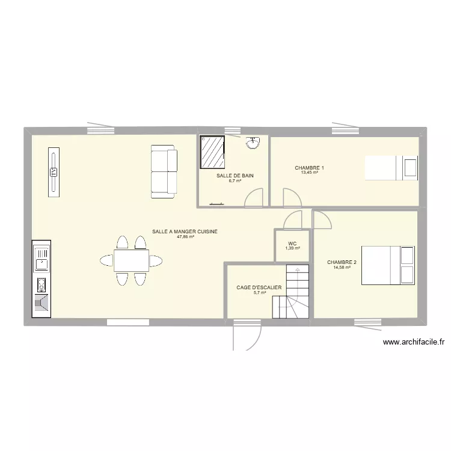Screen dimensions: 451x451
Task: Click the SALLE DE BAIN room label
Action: [x=235, y=176]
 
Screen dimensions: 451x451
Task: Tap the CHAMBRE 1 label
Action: [x=309, y=167]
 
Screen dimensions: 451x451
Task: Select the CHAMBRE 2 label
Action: [x=342, y=262]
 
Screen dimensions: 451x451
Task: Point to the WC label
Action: [x=292, y=244]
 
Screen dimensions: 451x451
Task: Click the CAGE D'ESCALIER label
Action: [x=259, y=287]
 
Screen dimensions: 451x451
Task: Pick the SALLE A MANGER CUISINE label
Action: [x=185, y=231]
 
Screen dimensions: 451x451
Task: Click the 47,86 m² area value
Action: [x=185, y=237]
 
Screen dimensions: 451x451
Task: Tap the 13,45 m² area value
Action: [x=309, y=173]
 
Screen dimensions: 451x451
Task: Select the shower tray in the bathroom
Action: [x=212, y=152]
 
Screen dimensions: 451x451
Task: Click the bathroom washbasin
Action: [x=253, y=143]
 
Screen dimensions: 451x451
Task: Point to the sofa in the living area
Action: [x=164, y=171]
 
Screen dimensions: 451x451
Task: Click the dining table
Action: [x=131, y=260]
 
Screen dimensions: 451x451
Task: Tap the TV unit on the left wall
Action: [x=54, y=171]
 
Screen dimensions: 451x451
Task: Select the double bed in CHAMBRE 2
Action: [x=387, y=265]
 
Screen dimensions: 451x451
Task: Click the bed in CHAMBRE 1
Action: [x=391, y=167]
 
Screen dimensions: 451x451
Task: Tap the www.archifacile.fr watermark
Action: [x=413, y=342]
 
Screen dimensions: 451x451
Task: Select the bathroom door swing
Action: [x=256, y=197]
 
